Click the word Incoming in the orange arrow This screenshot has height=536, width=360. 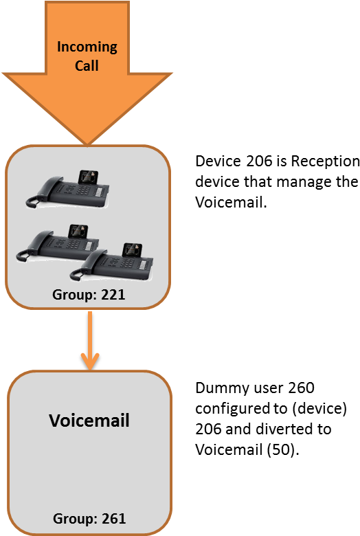pyautogui.click(x=87, y=47)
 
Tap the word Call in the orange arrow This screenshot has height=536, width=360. pyautogui.click(x=87, y=65)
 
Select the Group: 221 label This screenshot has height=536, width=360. pyautogui.click(x=89, y=294)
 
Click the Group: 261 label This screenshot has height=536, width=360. pyautogui.click(x=89, y=519)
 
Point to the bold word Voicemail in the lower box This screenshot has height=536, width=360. pyautogui.click(x=89, y=420)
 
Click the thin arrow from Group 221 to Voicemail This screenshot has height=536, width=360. pyautogui.click(x=90, y=340)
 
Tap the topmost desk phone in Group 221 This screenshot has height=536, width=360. pyautogui.click(x=68, y=189)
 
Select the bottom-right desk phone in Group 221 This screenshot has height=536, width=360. pyautogui.click(x=111, y=263)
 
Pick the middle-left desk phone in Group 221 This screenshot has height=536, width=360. pyautogui.click(x=58, y=244)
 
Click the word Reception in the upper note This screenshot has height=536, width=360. pyautogui.click(x=325, y=161)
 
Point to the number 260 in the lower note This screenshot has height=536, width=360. pyautogui.click(x=301, y=388)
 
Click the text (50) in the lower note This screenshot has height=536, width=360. pyautogui.click(x=283, y=449)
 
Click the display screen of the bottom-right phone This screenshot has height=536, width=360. pyautogui.click(x=133, y=250)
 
